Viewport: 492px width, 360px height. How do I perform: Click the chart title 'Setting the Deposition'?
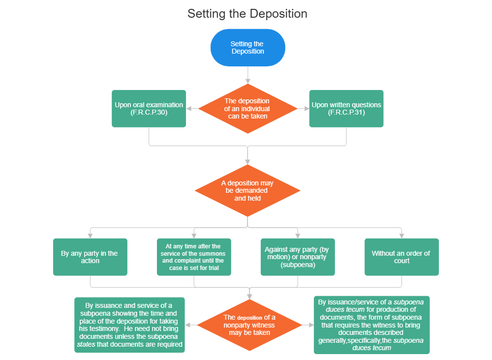tap(247, 14)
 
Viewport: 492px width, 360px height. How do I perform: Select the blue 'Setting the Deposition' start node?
tap(247, 48)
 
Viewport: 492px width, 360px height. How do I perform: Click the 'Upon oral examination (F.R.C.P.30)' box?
tap(149, 109)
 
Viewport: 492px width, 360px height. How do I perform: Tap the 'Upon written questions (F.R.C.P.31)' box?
tap(346, 109)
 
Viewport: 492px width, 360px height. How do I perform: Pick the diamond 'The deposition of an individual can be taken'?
tap(247, 109)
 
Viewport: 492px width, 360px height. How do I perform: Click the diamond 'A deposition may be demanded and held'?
tap(247, 191)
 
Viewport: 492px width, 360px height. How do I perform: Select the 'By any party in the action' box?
tap(90, 257)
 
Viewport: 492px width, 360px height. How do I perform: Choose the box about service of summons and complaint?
tap(194, 257)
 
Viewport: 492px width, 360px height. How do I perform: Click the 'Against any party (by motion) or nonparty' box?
tap(298, 257)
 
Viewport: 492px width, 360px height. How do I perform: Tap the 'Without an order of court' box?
tap(401, 257)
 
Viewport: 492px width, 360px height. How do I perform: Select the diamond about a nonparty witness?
tap(249, 325)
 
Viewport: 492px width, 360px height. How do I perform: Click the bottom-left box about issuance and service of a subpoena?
tap(130, 325)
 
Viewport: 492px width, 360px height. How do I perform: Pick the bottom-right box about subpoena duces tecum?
tap(372, 325)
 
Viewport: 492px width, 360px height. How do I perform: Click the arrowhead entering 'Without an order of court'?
tap(401, 235)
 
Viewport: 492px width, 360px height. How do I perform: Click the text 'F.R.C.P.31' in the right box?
tap(346, 113)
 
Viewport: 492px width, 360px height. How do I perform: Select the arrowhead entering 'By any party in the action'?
tap(90, 235)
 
